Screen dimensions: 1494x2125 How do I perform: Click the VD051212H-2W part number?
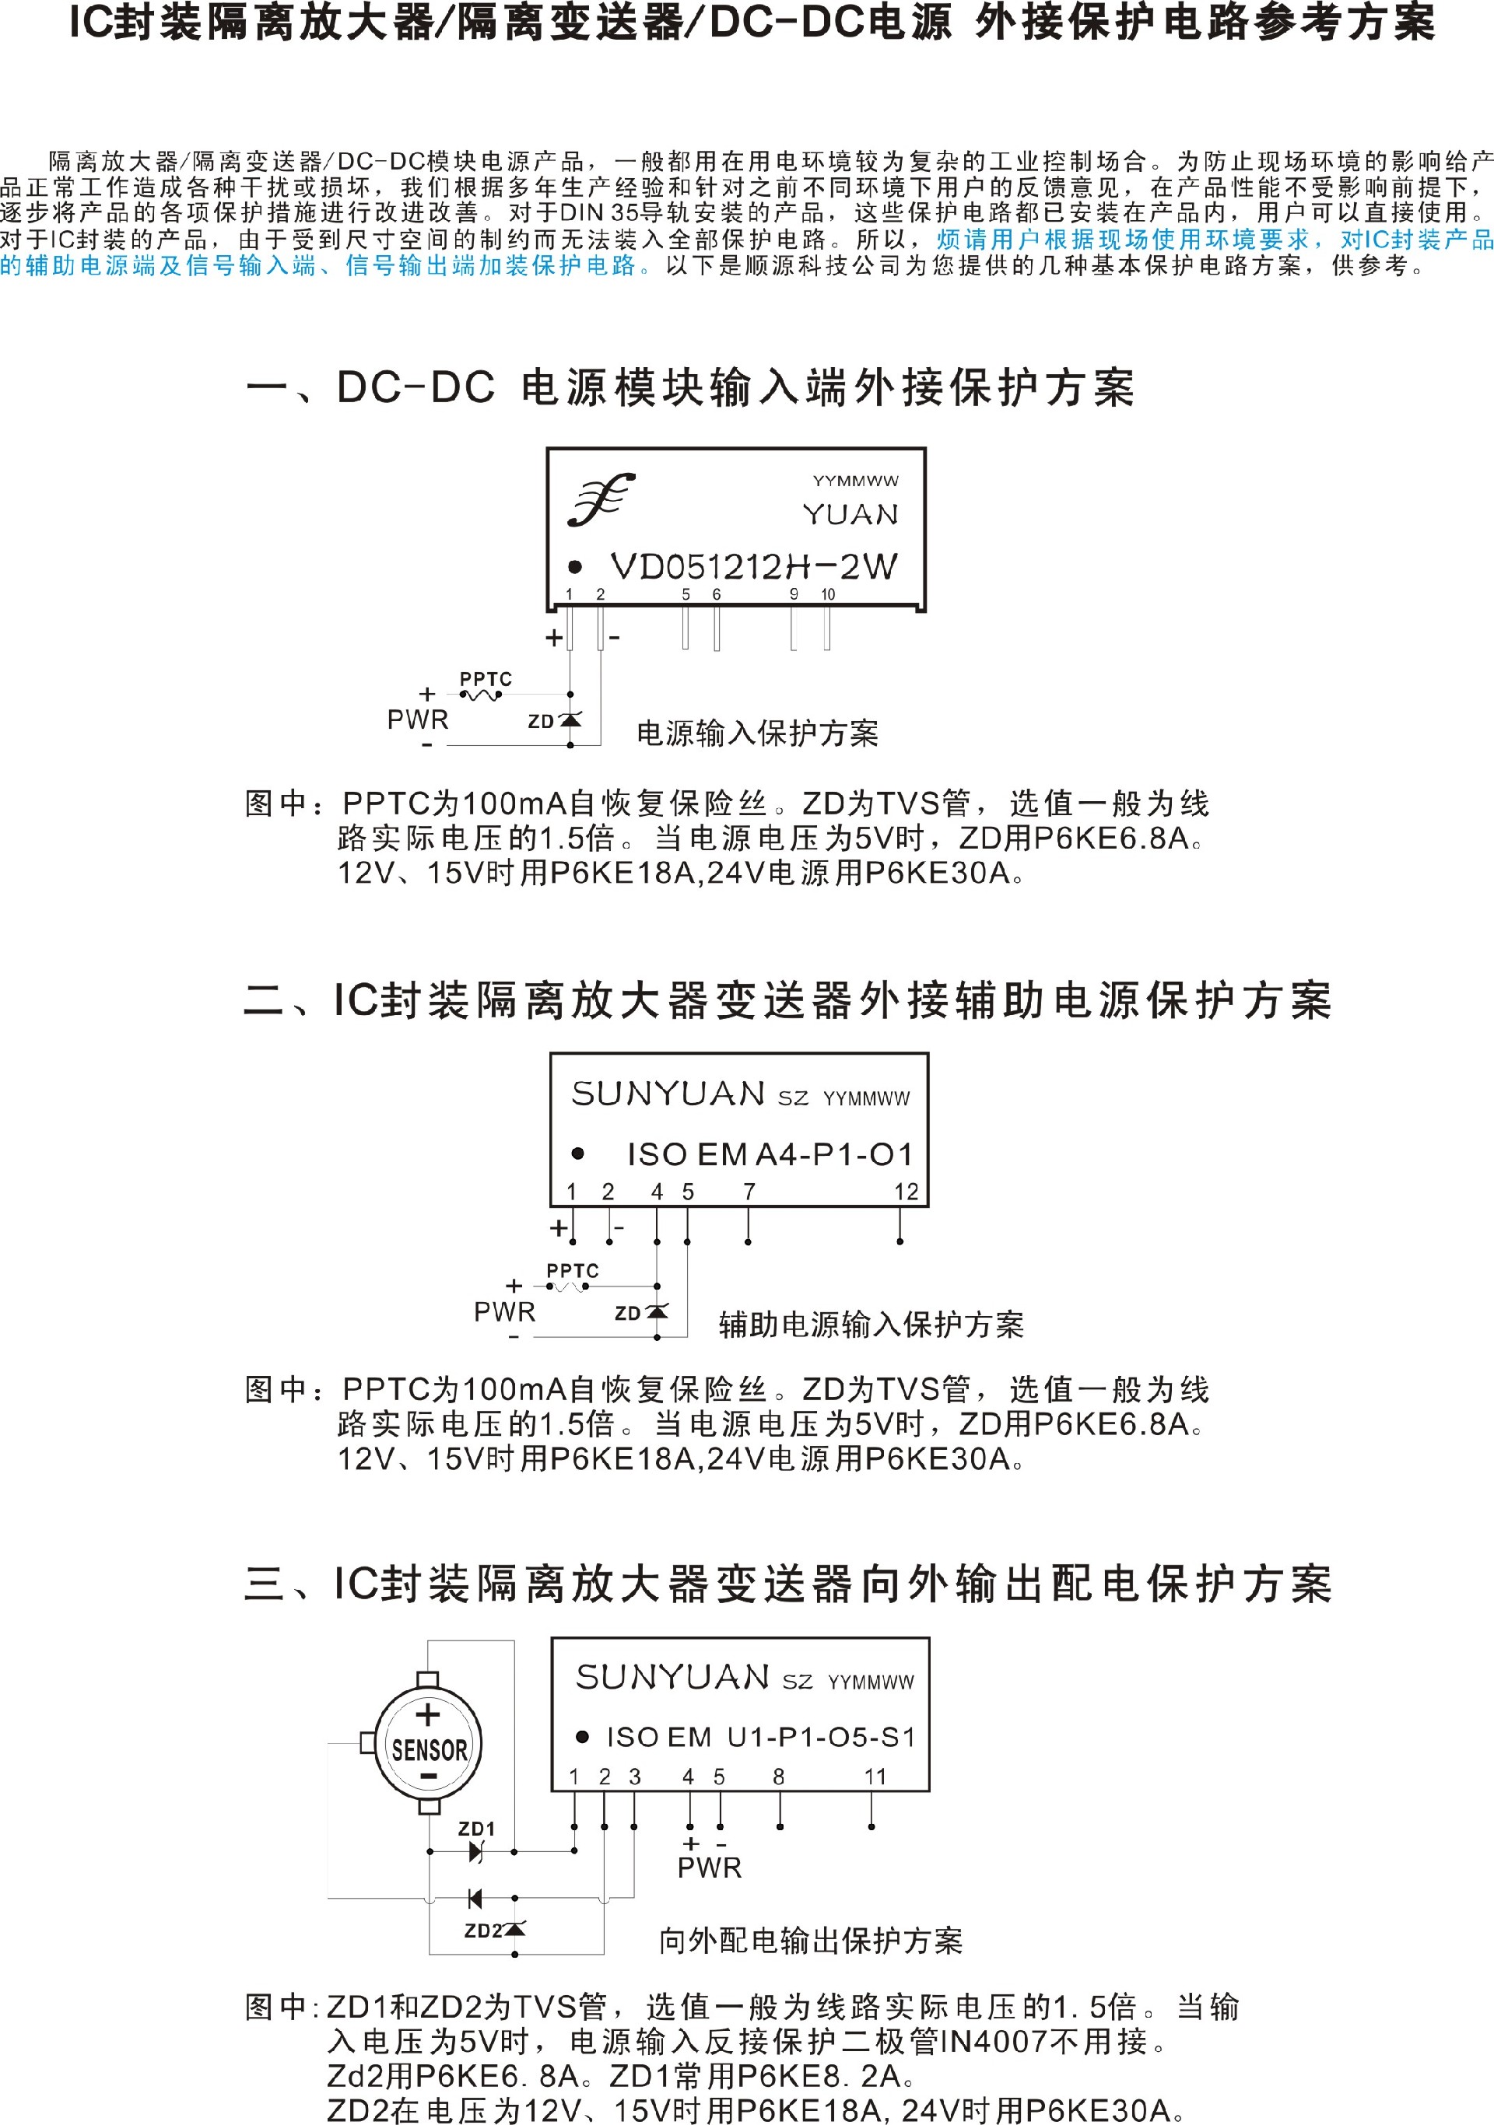753,566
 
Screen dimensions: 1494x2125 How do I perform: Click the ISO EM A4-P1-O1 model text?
770,1154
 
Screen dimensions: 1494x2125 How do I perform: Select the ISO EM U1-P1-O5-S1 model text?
761,1737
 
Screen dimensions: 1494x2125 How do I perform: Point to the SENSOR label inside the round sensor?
430,1750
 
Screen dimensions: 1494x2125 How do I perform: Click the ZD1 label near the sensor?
477,1829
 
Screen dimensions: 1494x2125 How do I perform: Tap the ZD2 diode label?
482,1931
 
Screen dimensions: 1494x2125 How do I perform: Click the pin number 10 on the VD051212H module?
827,595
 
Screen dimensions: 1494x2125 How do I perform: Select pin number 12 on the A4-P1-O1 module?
907,1192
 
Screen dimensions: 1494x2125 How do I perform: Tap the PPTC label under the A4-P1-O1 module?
572,1271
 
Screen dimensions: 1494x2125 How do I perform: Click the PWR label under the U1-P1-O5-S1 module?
710,1868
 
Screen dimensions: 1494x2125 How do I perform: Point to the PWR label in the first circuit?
418,719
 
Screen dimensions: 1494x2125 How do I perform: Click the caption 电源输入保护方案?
757,733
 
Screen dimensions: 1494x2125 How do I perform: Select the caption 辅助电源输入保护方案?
871,1325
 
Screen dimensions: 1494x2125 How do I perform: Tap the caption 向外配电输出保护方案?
811,1941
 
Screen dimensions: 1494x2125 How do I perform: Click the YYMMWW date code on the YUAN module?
855,481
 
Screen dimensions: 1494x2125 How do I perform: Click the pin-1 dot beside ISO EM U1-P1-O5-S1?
581,1737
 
